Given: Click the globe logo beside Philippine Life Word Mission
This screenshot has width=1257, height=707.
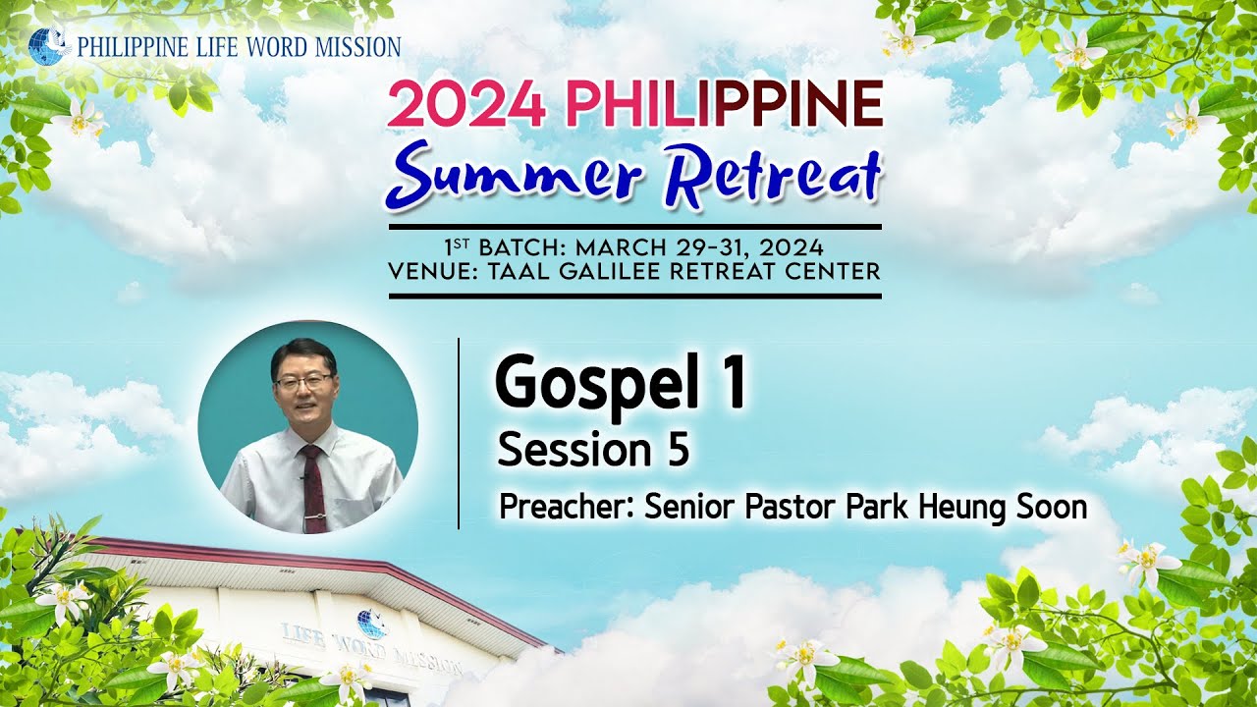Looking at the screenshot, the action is point(47,46).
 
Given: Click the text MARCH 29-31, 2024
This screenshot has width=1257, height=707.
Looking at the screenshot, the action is point(700,247).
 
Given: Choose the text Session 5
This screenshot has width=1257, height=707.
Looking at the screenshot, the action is point(593,451).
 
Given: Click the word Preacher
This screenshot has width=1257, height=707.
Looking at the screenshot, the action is point(567,508).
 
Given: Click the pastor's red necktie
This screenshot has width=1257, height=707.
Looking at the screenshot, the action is point(313,489).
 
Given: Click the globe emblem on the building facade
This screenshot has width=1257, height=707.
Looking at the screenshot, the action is point(371,624).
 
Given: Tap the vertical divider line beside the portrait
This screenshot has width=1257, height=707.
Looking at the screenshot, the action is point(459,433).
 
